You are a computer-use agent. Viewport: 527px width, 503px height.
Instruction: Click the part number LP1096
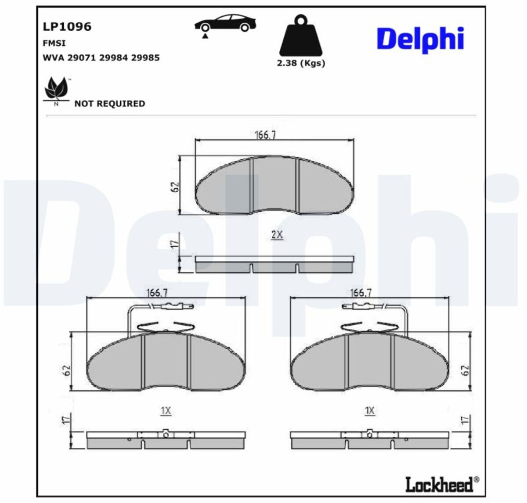point(67,26)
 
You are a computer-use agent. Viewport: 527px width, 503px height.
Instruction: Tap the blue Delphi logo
point(420,40)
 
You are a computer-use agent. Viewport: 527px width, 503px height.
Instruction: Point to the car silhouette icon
point(225,25)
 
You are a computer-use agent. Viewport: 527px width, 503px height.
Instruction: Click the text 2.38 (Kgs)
point(301,63)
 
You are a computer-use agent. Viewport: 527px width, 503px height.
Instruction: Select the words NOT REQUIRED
point(110,104)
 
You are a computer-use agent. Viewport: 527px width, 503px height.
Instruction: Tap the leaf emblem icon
point(57,91)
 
